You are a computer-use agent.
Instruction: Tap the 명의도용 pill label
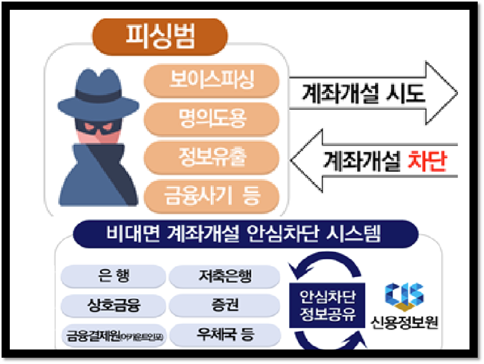(212, 119)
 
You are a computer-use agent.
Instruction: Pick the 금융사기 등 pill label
(212, 195)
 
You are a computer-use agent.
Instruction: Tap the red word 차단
(427, 161)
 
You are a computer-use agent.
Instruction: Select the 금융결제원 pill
(113, 335)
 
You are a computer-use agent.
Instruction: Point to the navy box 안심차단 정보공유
(327, 305)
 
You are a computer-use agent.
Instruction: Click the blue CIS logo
(404, 295)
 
